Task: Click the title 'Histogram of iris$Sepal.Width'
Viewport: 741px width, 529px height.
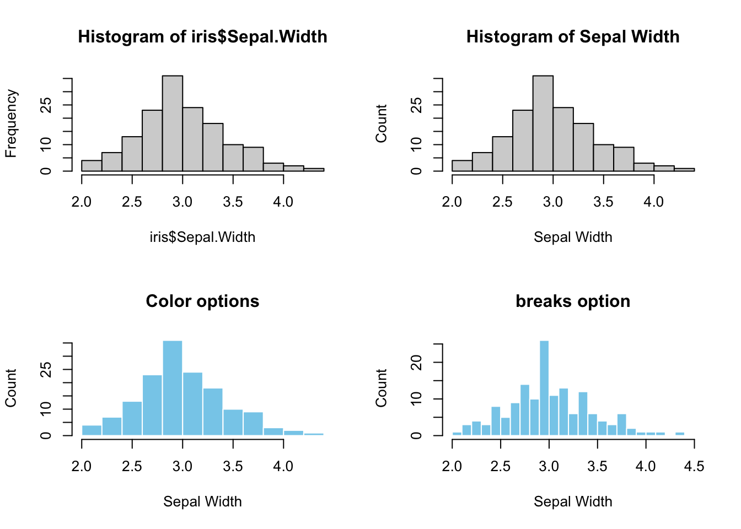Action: (202, 37)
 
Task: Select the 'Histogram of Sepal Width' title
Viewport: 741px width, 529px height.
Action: (573, 37)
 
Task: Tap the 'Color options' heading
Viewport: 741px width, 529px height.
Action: (202, 301)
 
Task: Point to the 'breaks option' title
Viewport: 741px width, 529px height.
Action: (573, 301)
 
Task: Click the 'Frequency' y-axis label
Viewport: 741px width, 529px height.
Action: (12, 123)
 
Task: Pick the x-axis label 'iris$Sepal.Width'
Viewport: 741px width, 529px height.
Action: (202, 237)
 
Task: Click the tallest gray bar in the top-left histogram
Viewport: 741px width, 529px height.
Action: (173, 123)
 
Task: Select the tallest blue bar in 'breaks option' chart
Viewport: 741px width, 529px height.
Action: (544, 388)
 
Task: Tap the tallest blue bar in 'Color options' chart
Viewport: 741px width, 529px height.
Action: (173, 388)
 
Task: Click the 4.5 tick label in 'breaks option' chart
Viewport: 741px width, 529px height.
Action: (694, 467)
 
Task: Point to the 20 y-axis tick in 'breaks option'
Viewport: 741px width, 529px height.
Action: (417, 362)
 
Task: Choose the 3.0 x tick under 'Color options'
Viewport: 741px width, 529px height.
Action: (182, 467)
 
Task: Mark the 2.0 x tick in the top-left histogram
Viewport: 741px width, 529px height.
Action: (82, 202)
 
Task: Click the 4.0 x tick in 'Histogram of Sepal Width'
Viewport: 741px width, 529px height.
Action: (654, 202)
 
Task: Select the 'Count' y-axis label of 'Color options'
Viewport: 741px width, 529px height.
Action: (12, 388)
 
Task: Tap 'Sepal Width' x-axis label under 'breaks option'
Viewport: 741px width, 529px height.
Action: (573, 502)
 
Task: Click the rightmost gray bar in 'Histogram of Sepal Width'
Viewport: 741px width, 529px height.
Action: (684, 169)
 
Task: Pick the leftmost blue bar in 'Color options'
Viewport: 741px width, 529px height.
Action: (92, 430)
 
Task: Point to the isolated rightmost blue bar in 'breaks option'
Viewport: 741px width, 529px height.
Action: (680, 434)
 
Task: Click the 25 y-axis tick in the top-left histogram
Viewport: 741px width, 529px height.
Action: (47, 105)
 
